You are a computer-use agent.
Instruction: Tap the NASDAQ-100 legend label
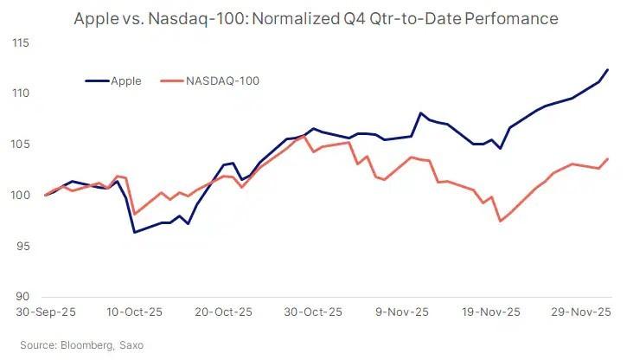(x=222, y=80)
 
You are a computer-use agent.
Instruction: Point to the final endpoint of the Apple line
(x=608, y=69)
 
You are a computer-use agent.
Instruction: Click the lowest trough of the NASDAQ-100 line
(x=500, y=221)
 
